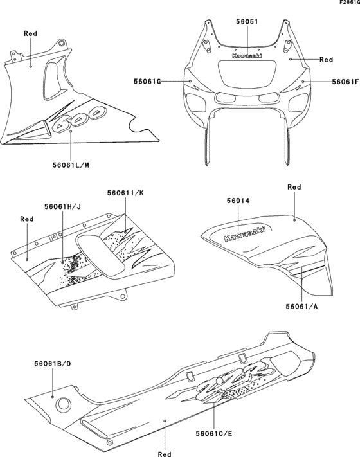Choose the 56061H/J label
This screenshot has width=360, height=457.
coord(62,207)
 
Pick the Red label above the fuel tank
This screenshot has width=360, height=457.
coord(294,187)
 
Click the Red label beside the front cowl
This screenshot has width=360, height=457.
coord(326,59)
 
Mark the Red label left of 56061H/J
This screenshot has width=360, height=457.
coord(26,219)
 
